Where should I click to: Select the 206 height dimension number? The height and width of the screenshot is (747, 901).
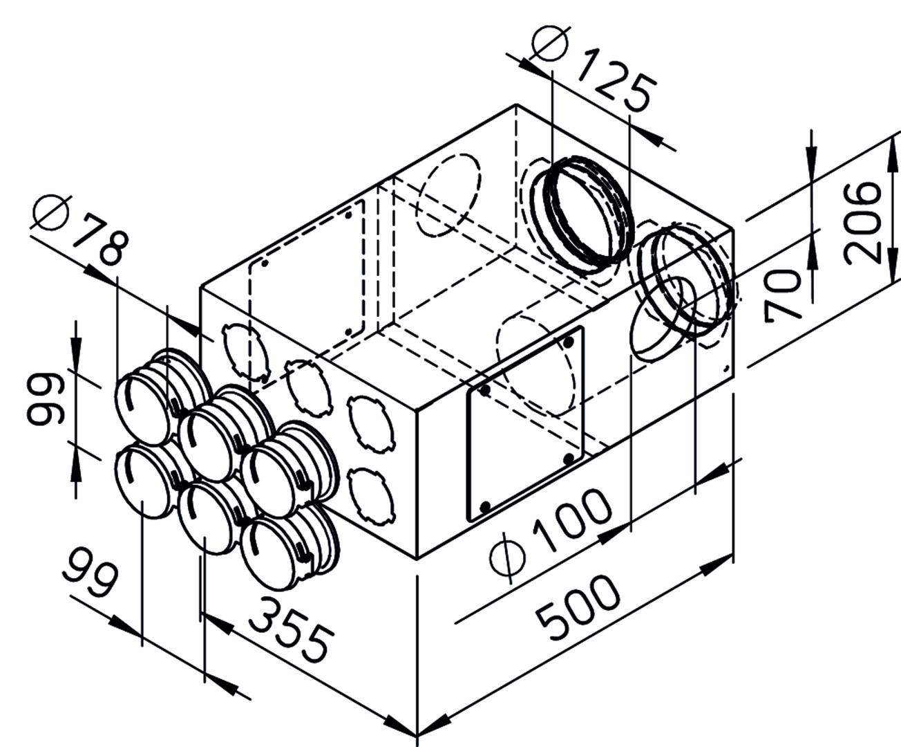coord(864,221)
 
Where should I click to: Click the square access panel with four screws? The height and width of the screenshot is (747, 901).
coord(525,423)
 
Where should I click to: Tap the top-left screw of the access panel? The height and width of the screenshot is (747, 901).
coord(484,391)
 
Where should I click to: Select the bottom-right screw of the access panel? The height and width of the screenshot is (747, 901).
coord(569,458)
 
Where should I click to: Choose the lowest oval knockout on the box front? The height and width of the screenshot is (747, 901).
coord(372,497)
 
